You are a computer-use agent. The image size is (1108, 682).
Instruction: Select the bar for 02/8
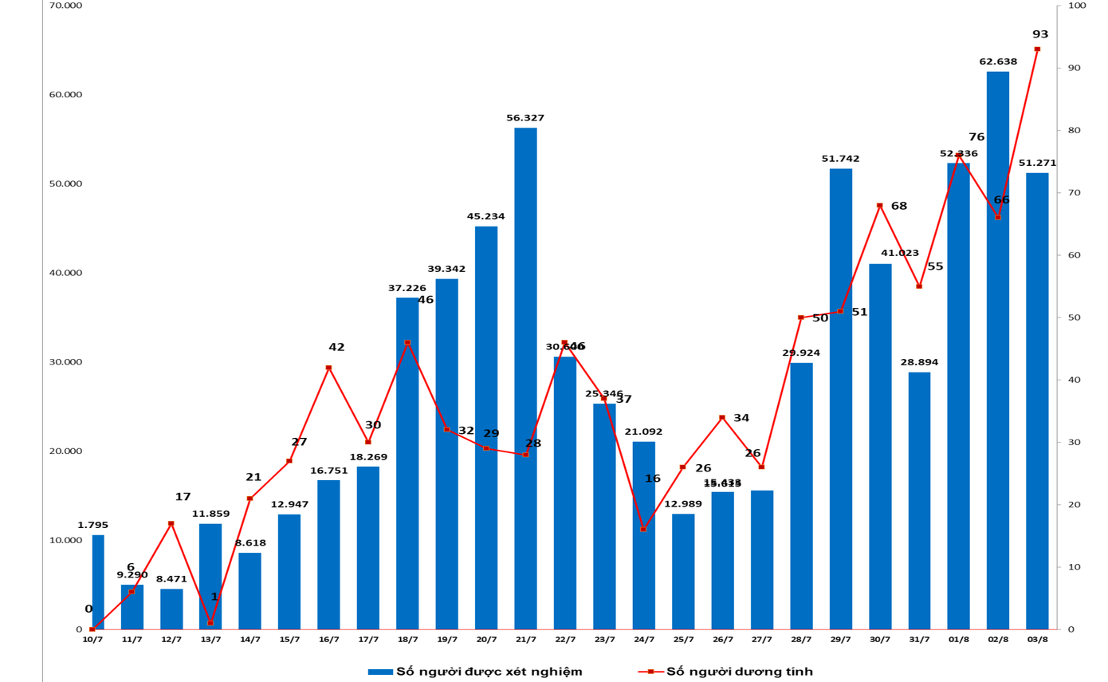click(997, 350)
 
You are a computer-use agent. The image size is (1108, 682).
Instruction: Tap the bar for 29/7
click(840, 399)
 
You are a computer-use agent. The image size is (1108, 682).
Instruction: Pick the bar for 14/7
click(249, 590)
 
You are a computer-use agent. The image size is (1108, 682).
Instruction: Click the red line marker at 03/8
click(1037, 49)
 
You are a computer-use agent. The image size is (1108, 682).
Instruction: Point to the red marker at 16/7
click(328, 368)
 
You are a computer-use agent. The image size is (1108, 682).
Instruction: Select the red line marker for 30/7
click(880, 206)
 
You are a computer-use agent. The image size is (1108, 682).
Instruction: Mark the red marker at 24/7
click(643, 529)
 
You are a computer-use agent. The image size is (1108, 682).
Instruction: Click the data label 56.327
click(525, 118)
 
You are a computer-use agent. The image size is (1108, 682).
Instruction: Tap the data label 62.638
click(997, 61)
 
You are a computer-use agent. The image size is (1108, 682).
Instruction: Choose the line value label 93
click(1040, 34)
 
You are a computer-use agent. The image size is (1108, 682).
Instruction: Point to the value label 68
click(899, 206)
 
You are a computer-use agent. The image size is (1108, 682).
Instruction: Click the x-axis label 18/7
click(407, 640)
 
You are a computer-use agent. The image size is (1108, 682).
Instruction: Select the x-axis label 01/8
click(958, 640)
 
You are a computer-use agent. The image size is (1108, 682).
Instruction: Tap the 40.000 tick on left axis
click(66, 273)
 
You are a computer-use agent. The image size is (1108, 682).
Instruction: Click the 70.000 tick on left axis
click(66, 6)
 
